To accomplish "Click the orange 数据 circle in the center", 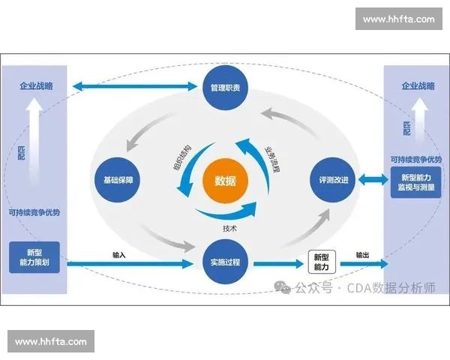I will click(225, 181).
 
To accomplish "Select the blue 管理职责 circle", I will click(225, 88).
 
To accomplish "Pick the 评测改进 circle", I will click(331, 181).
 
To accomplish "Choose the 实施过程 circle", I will click(225, 262).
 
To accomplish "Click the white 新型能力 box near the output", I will click(320, 262).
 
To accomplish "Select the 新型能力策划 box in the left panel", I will click(34, 257).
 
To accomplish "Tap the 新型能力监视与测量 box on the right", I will click(415, 182).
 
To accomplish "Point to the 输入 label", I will click(118, 255).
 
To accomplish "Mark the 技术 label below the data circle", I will click(230, 228).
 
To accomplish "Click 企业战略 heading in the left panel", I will click(34, 86).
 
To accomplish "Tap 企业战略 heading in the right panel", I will click(415, 86).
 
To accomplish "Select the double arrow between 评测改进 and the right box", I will click(370, 180).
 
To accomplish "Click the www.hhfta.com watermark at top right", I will click(398, 19).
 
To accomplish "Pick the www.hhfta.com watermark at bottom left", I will click(50, 342).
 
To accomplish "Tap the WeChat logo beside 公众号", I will click(282, 286).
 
